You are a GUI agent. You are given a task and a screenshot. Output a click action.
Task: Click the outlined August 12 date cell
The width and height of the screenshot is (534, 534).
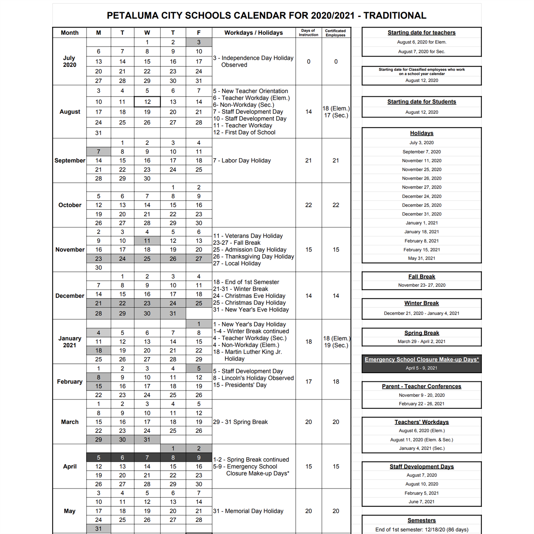[147, 102]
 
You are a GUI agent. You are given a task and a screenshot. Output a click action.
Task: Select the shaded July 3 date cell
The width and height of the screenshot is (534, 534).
[199, 42]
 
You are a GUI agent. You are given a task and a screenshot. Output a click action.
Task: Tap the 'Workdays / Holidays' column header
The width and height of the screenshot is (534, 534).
[253, 33]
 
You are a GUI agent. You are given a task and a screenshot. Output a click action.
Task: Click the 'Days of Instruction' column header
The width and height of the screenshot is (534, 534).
[308, 33]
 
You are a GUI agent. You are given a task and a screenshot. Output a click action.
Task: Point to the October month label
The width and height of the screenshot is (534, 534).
[70, 205]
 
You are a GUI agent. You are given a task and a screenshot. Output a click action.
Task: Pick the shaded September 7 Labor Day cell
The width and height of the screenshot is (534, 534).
[98, 152]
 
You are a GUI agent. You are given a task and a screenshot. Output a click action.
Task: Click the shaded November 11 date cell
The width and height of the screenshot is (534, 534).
[147, 241]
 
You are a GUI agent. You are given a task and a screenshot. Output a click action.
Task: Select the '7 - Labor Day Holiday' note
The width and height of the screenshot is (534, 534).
[242, 161]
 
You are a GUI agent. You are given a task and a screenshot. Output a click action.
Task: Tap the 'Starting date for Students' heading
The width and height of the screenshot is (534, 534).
[422, 102]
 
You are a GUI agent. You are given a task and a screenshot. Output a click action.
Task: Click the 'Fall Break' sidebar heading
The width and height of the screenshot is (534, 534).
[422, 277]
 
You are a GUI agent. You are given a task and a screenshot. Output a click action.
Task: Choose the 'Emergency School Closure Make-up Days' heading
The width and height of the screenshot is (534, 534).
[422, 359]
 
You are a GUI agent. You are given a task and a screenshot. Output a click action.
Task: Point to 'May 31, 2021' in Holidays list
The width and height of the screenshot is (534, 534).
[422, 258]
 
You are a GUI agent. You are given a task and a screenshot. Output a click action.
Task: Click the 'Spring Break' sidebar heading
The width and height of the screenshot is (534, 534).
[422, 333]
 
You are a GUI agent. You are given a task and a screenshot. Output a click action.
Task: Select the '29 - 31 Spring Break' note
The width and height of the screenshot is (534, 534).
[240, 422]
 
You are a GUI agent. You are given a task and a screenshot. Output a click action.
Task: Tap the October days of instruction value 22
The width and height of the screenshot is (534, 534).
[308, 205]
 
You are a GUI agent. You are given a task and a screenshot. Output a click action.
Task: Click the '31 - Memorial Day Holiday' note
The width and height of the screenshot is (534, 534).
[248, 511]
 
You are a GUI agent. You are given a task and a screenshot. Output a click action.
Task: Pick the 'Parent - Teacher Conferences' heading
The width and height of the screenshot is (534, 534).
[422, 386]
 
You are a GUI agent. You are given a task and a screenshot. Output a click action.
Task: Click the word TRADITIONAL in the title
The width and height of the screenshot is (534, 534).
[395, 16]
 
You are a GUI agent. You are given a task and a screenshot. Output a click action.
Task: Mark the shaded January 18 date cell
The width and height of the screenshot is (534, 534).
[98, 350]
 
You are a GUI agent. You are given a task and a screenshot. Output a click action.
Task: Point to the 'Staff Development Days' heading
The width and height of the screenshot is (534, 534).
[422, 467]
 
